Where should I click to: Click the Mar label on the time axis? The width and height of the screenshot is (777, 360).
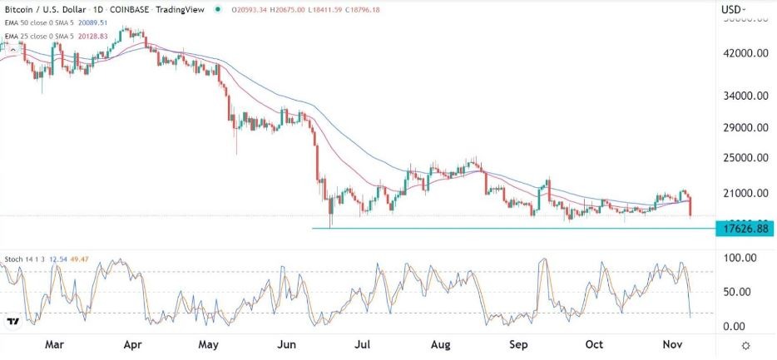click(54, 344)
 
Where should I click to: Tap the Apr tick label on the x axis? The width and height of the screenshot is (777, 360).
click(131, 344)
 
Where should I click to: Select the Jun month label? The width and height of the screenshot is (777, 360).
click(287, 344)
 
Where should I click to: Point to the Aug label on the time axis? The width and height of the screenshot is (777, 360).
click(442, 344)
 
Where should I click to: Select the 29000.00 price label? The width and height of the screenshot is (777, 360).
click(742, 127)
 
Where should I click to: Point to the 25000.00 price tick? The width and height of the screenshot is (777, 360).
click(742, 158)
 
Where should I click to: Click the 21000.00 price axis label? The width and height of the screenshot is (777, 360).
click(742, 194)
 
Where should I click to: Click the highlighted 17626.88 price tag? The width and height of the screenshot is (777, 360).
click(742, 228)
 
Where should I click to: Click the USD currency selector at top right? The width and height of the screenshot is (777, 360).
click(733, 10)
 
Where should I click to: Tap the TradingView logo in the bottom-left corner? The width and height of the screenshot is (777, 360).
click(13, 321)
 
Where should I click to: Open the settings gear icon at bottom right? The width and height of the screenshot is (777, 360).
click(745, 345)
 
